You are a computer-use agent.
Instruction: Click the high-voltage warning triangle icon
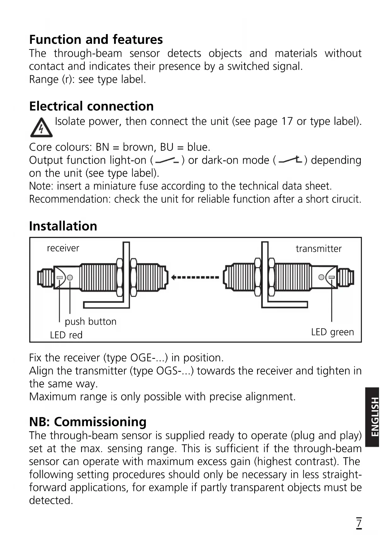pyautogui.click(x=41, y=128)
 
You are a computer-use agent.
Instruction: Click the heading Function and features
pyautogui.click(x=96, y=40)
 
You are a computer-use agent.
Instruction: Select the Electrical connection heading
pyautogui.click(x=91, y=106)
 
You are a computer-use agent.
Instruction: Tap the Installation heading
pyautogui.click(x=63, y=226)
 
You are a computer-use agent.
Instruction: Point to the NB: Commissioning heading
pyautogui.click(x=88, y=422)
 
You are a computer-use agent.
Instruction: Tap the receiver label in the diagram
pyautogui.click(x=63, y=248)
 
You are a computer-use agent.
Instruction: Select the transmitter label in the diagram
pyautogui.click(x=319, y=249)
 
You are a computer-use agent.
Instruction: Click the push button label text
pyautogui.click(x=91, y=322)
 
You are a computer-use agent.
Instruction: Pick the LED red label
pyautogui.click(x=66, y=335)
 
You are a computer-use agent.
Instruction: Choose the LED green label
pyautogui.click(x=332, y=332)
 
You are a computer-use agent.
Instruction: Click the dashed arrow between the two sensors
pyautogui.click(x=195, y=277)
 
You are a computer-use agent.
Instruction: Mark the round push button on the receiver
pyautogui.click(x=70, y=277)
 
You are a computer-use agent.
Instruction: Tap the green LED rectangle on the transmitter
pyautogui.click(x=331, y=277)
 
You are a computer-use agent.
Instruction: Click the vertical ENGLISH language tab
pyautogui.click(x=372, y=417)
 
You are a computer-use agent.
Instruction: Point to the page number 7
pyautogui.click(x=359, y=523)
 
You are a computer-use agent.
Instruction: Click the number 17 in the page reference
pyautogui.click(x=287, y=121)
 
